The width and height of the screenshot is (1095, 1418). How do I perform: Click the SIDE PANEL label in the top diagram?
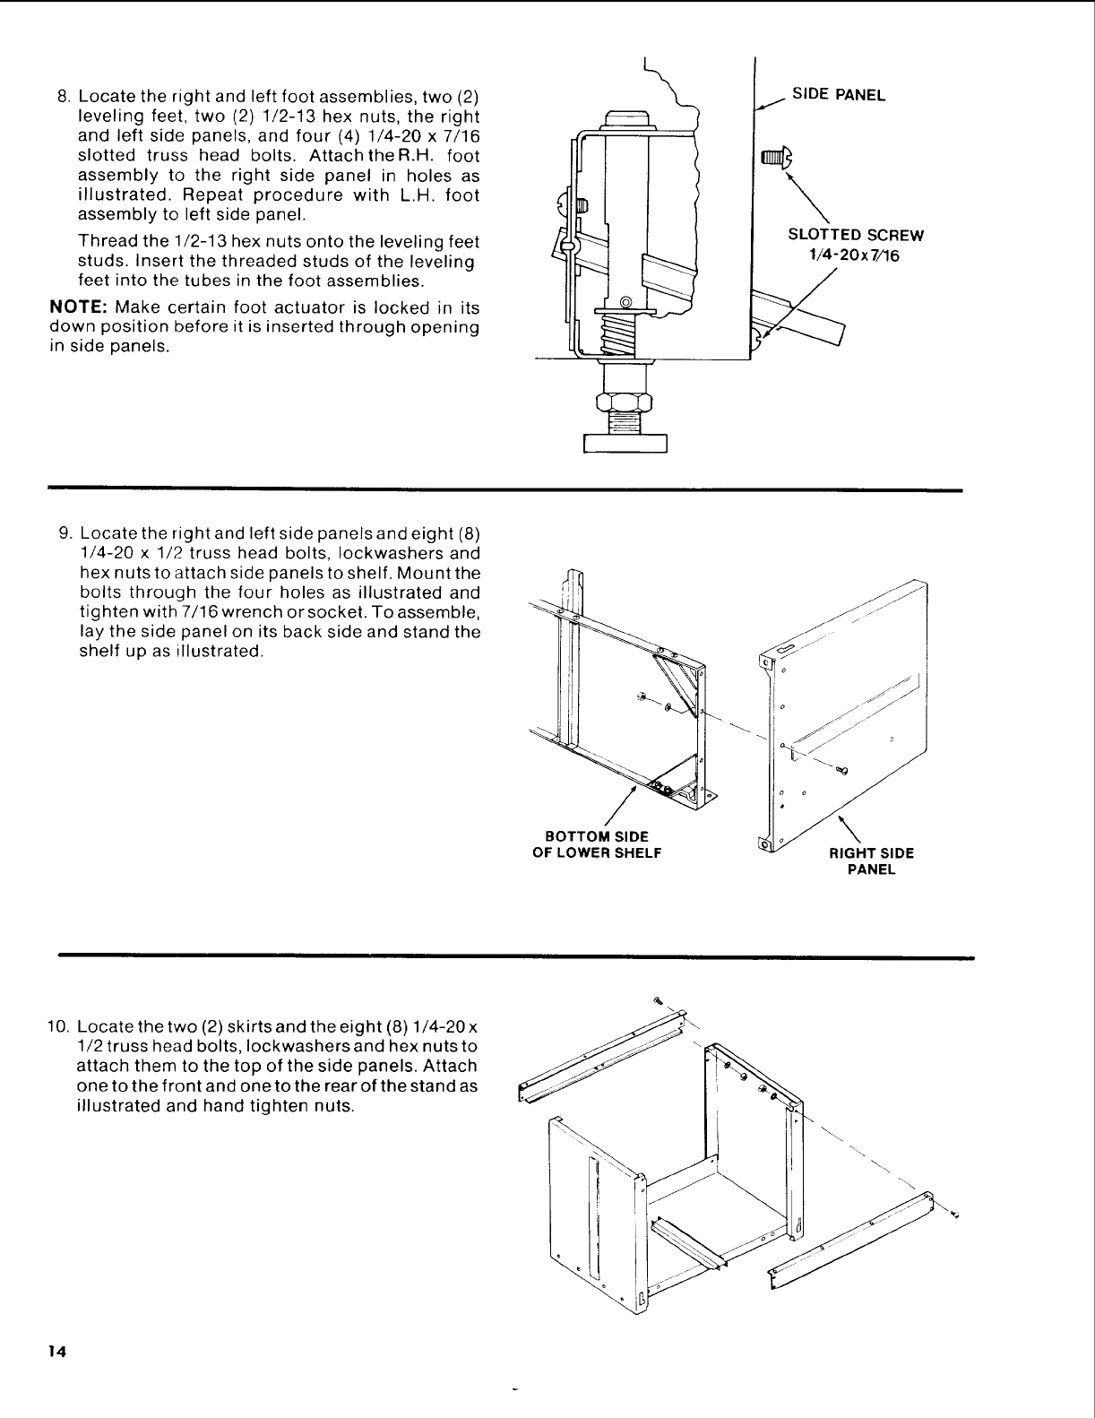point(837,95)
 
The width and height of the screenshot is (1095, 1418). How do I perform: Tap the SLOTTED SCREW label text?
point(855,236)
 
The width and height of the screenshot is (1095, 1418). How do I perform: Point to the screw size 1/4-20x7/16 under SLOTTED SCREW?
point(855,255)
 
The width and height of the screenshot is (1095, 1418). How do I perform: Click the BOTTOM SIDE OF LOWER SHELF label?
point(597,844)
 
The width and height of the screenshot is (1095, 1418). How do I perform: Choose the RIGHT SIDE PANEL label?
point(871,860)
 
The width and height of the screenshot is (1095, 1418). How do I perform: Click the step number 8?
point(63,97)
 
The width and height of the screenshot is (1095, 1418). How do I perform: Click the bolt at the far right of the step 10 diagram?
point(955,1215)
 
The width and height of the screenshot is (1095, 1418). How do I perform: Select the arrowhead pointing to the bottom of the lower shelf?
point(635,790)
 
